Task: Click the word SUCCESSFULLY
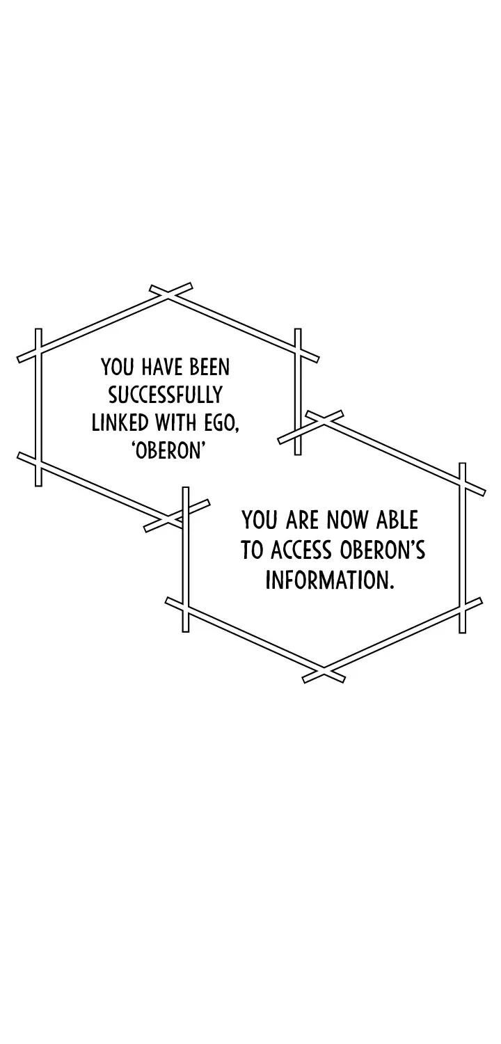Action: [x=166, y=395]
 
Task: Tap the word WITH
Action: [x=175, y=423]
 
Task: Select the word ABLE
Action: [x=397, y=520]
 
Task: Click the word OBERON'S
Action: [x=382, y=551]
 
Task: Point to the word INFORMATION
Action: [x=330, y=580]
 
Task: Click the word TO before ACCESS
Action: [x=253, y=551]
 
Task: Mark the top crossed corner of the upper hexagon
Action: [x=168, y=294]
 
